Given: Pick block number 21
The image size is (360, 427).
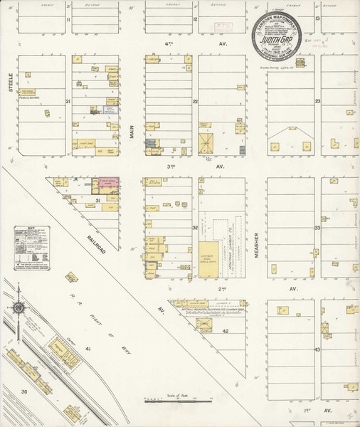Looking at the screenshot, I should pos(68,102).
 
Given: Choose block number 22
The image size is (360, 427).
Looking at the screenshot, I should pos(194,102).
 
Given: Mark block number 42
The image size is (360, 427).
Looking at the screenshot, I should pos(225,332).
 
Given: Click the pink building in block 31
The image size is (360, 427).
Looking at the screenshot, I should pos(108,183).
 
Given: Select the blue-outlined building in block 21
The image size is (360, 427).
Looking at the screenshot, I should pos(109,110).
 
